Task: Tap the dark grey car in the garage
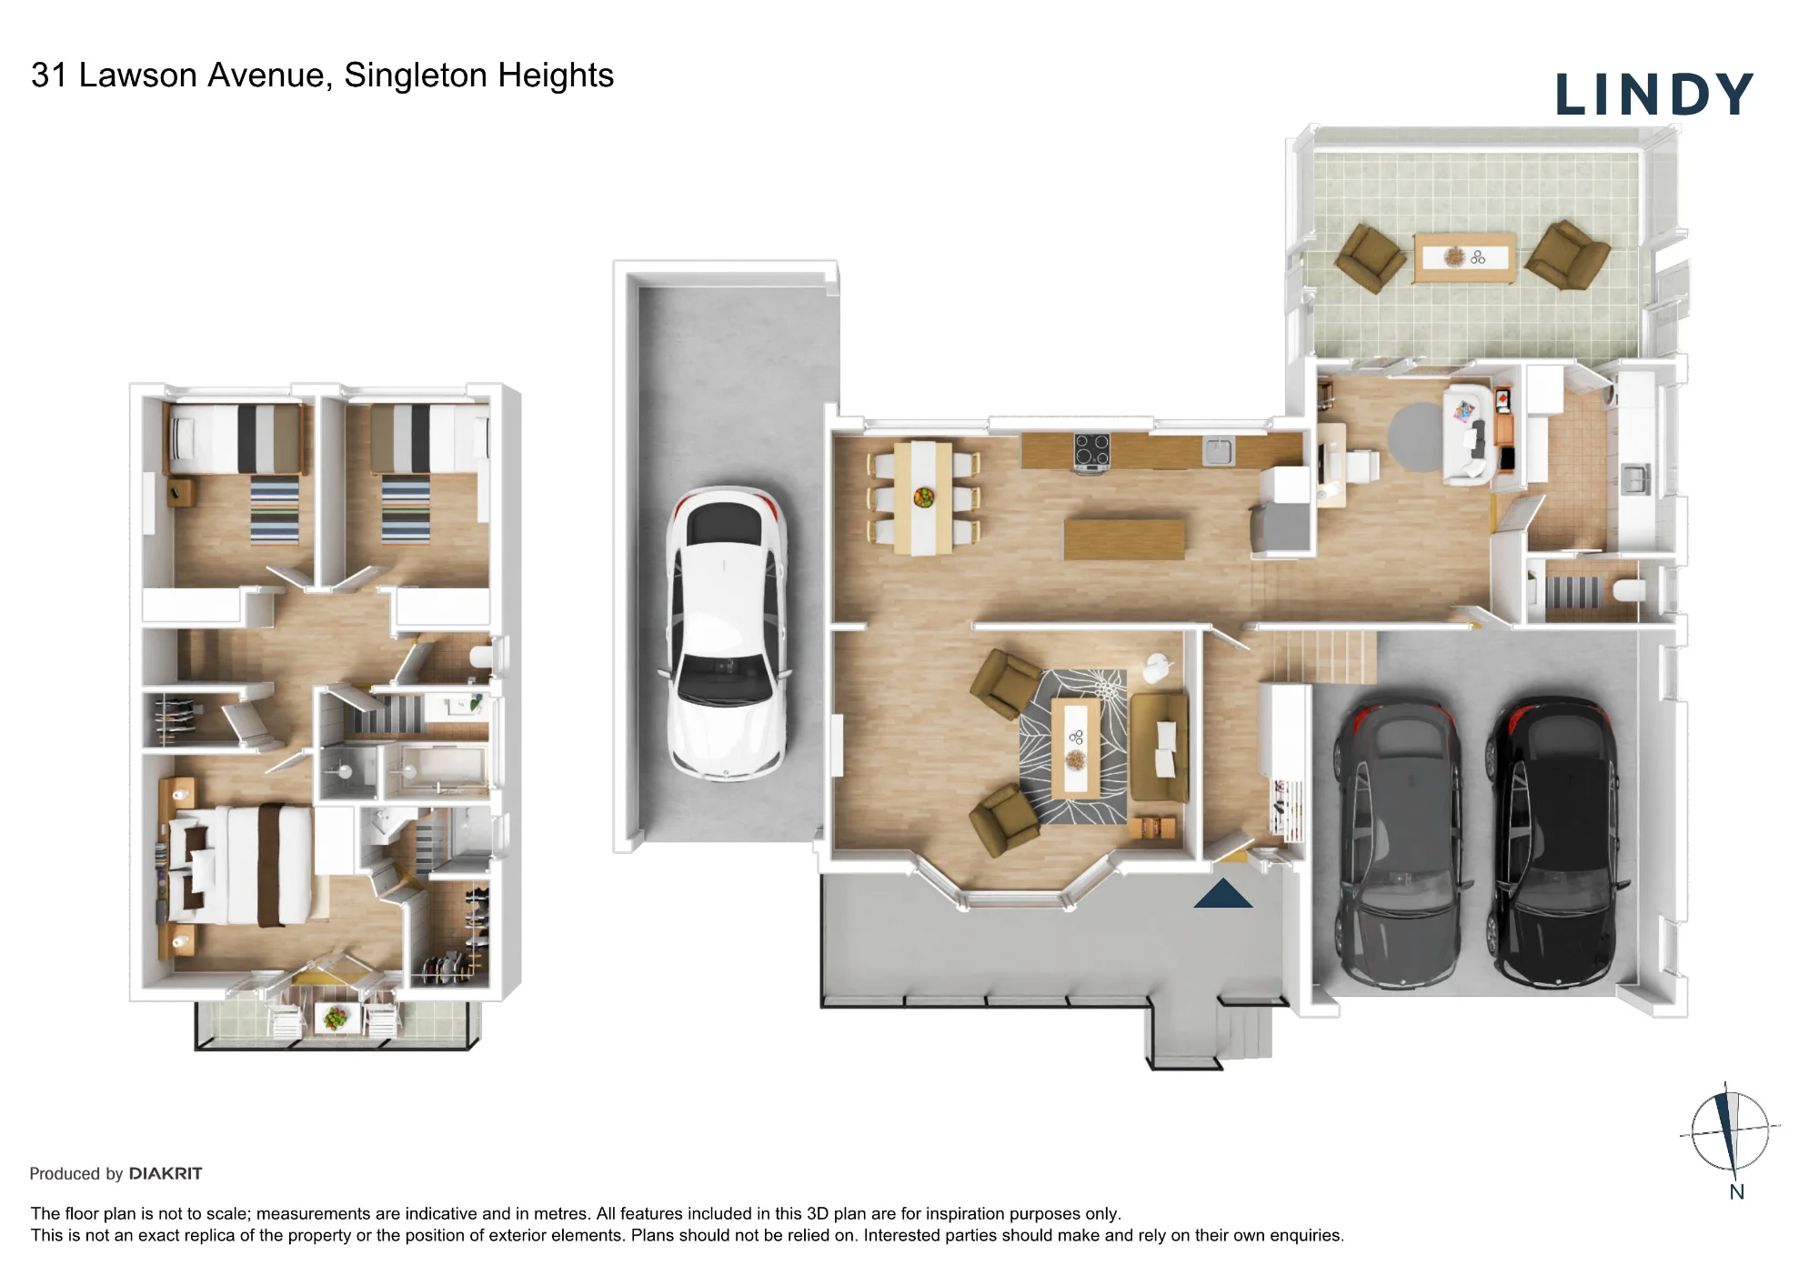click(1401, 843)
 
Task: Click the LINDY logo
click(1653, 95)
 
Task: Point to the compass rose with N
click(1730, 1133)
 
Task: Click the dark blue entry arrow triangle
click(1223, 893)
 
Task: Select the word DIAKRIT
click(166, 1173)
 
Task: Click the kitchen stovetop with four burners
click(1091, 452)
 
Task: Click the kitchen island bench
click(1124, 538)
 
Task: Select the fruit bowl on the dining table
click(923, 497)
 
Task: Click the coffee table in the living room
click(1076, 748)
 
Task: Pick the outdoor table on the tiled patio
click(1463, 258)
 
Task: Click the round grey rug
click(1417, 437)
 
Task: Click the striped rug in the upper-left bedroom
click(275, 510)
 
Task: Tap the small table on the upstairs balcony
click(336, 1017)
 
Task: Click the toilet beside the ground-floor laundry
click(1628, 591)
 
